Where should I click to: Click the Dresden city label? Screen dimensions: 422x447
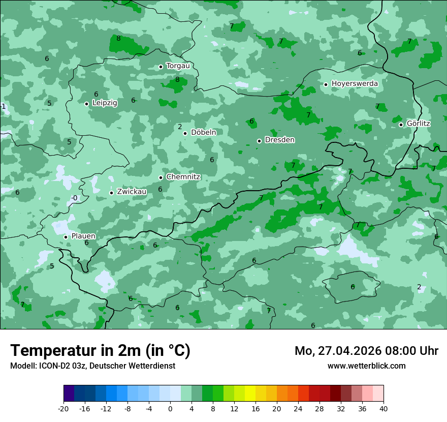tap(280, 140)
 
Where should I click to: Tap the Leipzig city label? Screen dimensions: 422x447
tap(105, 103)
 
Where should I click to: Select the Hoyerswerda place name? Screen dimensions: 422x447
tap(355, 83)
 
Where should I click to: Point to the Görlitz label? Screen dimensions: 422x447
tap(419, 124)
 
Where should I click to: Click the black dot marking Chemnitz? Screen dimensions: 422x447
tap(161, 177)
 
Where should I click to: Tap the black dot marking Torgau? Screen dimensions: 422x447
tap(161, 67)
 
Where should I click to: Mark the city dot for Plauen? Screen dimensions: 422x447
tap(66, 237)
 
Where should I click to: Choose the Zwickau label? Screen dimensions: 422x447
tap(132, 192)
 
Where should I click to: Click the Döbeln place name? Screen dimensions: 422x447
tap(203, 132)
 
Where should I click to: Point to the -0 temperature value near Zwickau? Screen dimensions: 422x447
tap(74, 198)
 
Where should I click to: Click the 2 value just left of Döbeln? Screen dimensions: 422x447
tap(180, 127)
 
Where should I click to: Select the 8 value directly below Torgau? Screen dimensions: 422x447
tap(177, 79)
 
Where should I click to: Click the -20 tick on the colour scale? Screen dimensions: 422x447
tap(63, 409)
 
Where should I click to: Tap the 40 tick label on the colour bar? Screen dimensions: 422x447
tap(384, 409)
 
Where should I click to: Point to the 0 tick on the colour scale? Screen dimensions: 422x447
tap(170, 409)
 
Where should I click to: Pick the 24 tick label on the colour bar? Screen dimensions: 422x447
tap(298, 409)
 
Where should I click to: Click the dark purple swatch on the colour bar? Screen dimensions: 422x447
tap(69, 394)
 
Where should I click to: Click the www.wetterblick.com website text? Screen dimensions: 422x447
tap(366, 366)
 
